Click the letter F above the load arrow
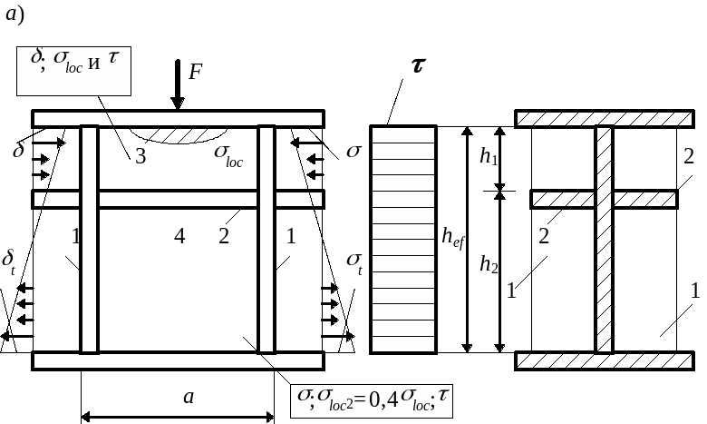pos(196,72)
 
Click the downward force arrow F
pos(178,86)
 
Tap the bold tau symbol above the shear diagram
pos(418,67)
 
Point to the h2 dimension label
pos(488,266)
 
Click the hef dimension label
pos(450,239)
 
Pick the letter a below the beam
pos(188,396)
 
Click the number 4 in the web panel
pos(179,237)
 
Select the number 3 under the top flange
pos(140,156)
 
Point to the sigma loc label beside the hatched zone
pos(228,155)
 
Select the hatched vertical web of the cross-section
pos(604,239)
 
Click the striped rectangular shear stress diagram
pos(403,239)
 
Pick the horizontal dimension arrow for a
pos(178,417)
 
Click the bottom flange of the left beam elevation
pos(178,360)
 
